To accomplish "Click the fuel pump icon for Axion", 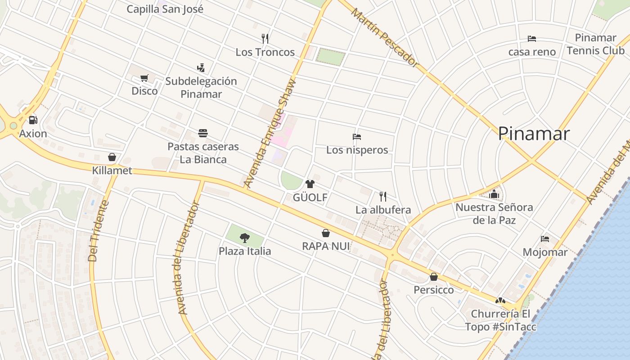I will pyautogui.click(x=33, y=120).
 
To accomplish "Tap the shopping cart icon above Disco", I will pyautogui.click(x=144, y=78).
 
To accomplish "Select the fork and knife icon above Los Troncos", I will pyautogui.click(x=265, y=39).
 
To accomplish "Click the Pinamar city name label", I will pyautogui.click(x=534, y=134).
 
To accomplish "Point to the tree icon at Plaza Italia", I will pyautogui.click(x=245, y=238).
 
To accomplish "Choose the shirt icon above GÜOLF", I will pyautogui.click(x=310, y=184).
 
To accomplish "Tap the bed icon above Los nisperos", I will pyautogui.click(x=357, y=137).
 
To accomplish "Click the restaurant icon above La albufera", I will pyautogui.click(x=383, y=196).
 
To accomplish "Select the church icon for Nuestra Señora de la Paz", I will pyautogui.click(x=494, y=194).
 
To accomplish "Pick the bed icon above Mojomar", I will pyautogui.click(x=545, y=239).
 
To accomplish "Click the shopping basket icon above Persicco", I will pyautogui.click(x=434, y=277).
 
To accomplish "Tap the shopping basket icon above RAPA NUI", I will pyautogui.click(x=326, y=233).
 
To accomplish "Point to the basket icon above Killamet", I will pyautogui.click(x=112, y=157).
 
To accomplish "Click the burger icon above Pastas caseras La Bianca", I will pyautogui.click(x=203, y=133).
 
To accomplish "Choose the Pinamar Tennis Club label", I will pyautogui.click(x=595, y=44).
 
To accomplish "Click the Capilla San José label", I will pyautogui.click(x=165, y=9).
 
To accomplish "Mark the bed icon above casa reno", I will pyautogui.click(x=532, y=39).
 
